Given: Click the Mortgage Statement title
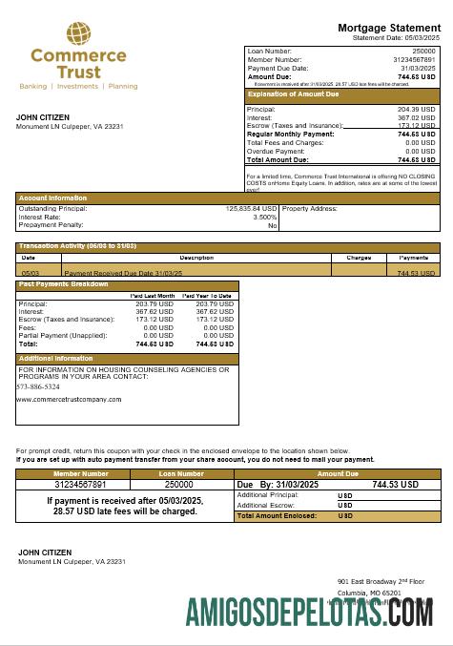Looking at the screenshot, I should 389,28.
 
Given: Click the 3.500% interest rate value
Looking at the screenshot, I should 264,217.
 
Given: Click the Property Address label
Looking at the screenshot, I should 311,208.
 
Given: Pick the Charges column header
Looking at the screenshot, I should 359,258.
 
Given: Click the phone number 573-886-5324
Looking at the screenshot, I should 38,386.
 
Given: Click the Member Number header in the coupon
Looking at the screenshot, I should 81,473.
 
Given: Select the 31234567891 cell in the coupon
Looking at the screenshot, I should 81,485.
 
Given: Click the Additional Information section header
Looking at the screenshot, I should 56,359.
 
